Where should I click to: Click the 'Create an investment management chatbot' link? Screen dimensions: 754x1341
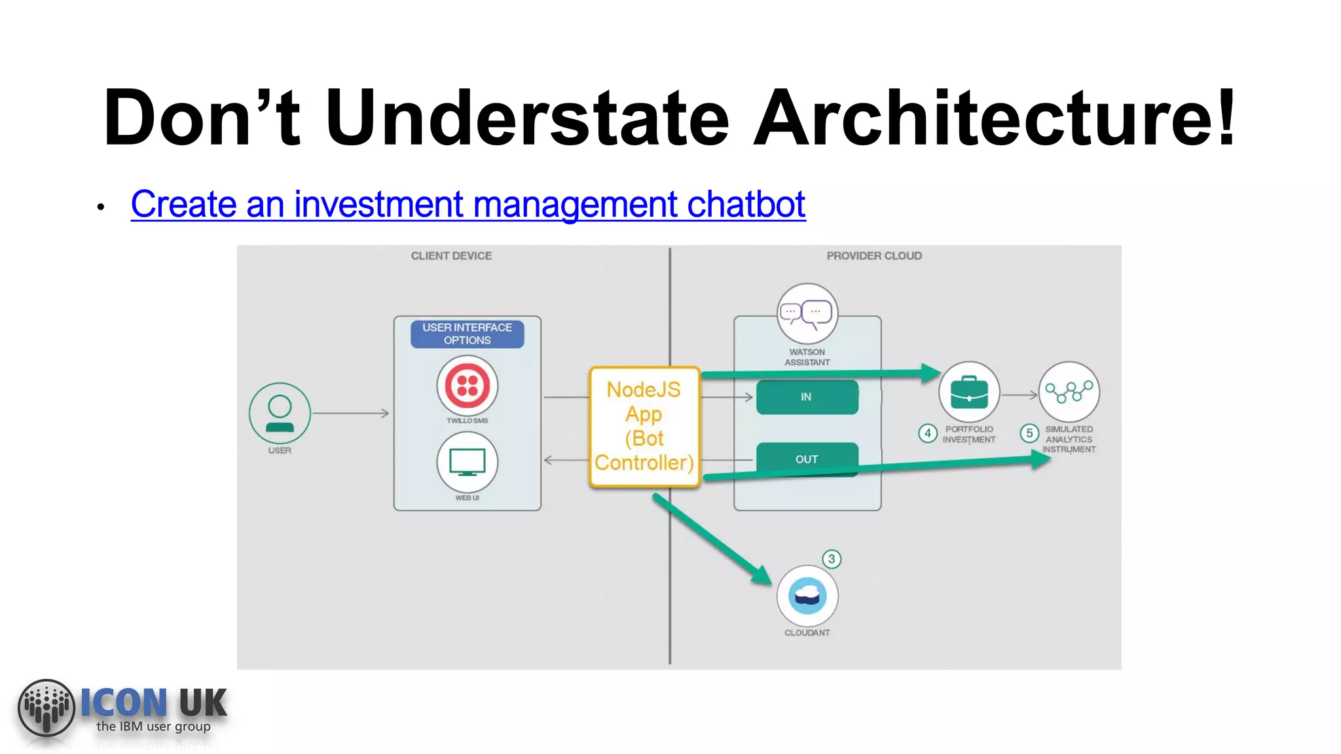point(468,204)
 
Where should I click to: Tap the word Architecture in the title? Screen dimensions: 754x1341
point(994,118)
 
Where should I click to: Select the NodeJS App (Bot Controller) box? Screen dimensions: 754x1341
point(644,427)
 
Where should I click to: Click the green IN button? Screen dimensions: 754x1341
point(807,397)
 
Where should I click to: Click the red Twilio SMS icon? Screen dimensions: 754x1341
point(468,386)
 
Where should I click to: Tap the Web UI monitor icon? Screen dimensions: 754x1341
point(468,462)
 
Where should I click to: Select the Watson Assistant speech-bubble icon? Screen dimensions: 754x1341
point(807,314)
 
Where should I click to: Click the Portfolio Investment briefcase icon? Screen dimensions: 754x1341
point(968,392)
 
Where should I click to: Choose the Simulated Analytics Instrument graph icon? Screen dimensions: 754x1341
point(1069,392)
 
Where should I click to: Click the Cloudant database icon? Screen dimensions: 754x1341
point(807,596)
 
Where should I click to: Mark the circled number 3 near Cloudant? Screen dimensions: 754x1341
point(832,559)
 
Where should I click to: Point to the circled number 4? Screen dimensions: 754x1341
point(927,433)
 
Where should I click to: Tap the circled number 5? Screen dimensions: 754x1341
point(1029,433)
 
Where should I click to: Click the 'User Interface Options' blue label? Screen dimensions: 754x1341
point(468,334)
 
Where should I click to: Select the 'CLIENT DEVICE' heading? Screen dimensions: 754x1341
point(451,256)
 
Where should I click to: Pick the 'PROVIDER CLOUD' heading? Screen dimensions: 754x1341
point(874,256)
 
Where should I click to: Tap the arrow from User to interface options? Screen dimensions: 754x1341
point(350,414)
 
